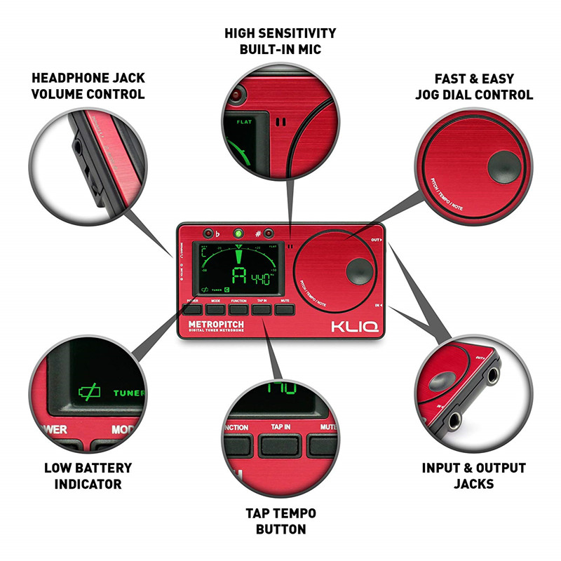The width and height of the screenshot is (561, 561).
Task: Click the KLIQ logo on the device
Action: pos(354,326)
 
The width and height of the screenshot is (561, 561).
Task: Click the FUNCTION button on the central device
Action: pos(238,308)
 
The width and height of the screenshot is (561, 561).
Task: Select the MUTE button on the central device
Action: pos(284,308)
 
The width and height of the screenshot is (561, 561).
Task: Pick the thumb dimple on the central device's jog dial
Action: pos(359,270)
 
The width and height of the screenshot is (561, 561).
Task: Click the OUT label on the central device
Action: pos(376,240)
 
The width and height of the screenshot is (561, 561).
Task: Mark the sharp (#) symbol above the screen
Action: pos(258,234)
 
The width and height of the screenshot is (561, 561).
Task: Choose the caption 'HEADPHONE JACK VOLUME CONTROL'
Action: pos(88,85)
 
